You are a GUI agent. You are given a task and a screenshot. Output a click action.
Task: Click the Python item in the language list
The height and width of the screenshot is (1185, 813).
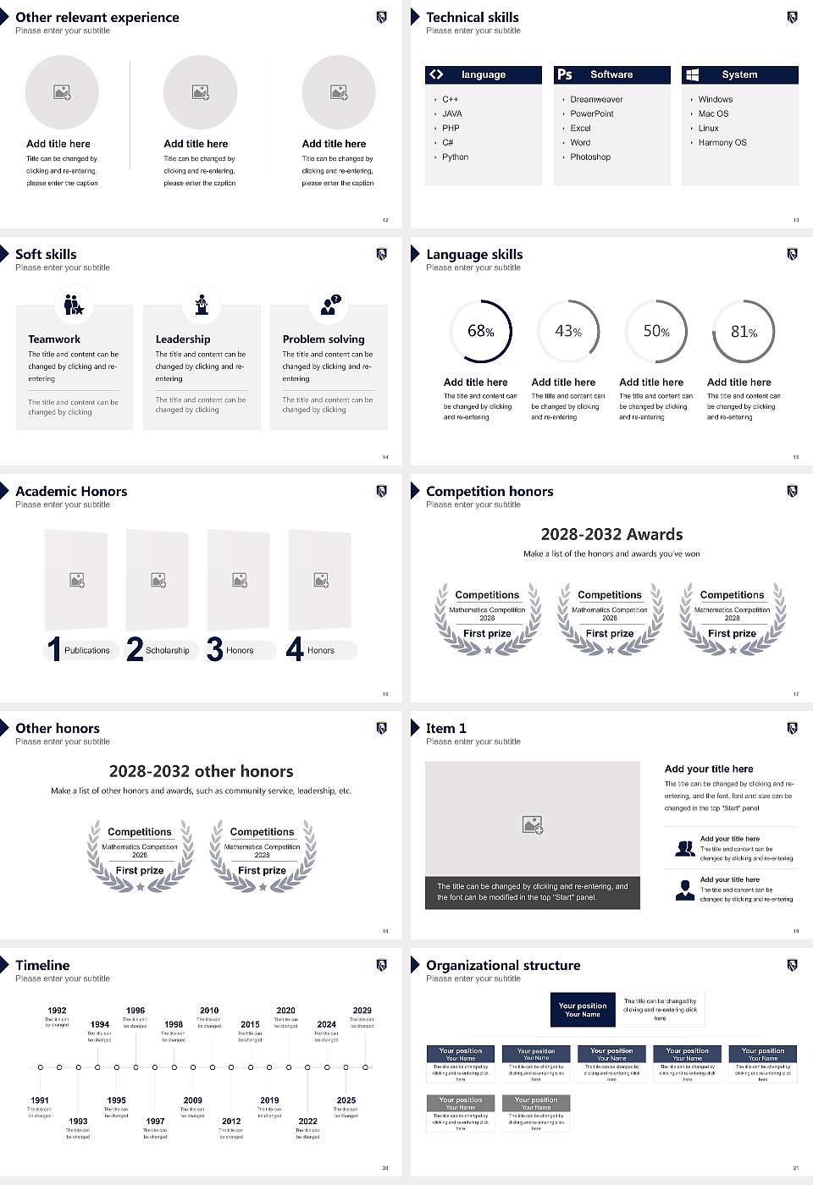(455, 157)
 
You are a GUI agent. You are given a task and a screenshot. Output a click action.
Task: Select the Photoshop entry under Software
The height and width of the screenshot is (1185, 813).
(589, 157)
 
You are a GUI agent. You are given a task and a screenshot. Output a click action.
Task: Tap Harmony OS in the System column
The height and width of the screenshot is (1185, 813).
(722, 142)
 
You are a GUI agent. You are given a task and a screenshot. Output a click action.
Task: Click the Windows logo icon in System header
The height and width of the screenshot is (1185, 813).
(692, 74)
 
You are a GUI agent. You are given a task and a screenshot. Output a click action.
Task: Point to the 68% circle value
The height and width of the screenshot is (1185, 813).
(480, 331)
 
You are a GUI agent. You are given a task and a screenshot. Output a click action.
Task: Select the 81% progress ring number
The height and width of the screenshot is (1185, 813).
(744, 332)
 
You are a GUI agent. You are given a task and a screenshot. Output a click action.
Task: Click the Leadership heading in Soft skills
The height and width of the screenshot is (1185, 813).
(182, 339)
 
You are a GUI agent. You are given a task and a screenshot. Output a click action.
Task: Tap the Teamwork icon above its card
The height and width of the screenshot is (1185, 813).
(75, 304)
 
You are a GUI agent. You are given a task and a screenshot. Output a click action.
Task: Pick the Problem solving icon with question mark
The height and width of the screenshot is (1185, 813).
(329, 304)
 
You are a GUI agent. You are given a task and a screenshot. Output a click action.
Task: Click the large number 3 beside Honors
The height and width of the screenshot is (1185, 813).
(215, 649)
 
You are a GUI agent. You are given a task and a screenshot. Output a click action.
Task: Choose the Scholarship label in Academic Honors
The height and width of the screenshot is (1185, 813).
(167, 650)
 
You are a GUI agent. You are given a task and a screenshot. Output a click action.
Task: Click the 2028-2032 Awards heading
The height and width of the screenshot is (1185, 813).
(611, 534)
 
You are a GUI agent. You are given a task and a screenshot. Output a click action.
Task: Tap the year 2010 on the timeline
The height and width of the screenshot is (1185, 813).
(209, 1010)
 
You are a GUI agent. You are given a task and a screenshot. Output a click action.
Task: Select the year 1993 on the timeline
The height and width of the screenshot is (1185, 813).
(78, 1121)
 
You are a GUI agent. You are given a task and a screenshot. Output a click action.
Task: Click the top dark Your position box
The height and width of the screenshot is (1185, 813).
(583, 1010)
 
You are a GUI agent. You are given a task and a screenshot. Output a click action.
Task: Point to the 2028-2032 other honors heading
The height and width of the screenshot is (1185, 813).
(201, 771)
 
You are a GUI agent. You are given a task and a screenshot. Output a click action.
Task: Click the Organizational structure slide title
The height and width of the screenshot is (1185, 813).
(503, 965)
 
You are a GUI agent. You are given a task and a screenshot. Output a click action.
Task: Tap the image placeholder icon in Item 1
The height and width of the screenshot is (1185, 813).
(533, 824)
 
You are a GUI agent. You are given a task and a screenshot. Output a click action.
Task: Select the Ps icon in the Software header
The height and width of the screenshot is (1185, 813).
(565, 74)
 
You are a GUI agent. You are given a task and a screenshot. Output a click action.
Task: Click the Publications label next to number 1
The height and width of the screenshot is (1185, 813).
(86, 650)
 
